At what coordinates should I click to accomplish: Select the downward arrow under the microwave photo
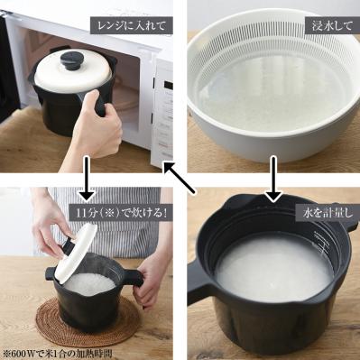click(x=87, y=179)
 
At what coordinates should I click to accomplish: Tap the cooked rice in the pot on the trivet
click(x=90, y=282)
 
